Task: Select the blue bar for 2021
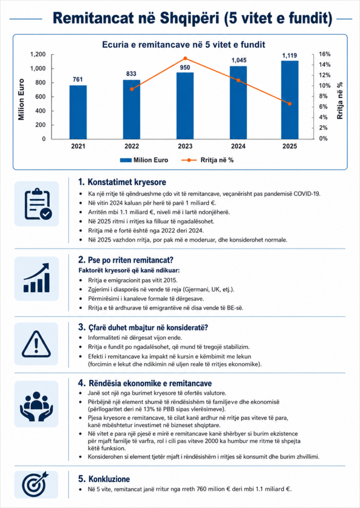click(x=78, y=112)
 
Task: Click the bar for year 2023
click(x=185, y=106)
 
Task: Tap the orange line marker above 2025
click(x=290, y=104)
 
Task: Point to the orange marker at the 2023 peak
click(x=185, y=59)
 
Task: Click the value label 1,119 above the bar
click(x=289, y=56)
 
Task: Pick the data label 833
click(x=131, y=74)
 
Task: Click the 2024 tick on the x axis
click(x=238, y=146)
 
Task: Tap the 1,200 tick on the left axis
click(x=38, y=55)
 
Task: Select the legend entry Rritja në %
click(x=207, y=160)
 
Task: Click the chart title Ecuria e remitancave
click(x=184, y=44)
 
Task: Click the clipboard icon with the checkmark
click(x=37, y=204)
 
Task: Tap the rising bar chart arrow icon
click(x=37, y=278)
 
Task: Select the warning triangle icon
click(x=36, y=344)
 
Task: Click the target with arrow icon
click(x=35, y=484)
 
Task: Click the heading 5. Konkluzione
click(x=104, y=479)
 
